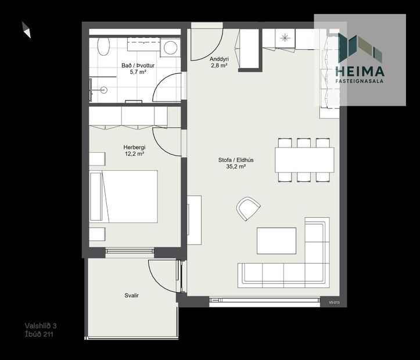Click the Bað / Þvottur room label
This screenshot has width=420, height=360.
coord(134,66)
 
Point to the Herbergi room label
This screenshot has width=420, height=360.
coord(134,147)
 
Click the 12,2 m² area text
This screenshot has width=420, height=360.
coord(134,155)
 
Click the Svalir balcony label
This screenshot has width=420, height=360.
coord(131,296)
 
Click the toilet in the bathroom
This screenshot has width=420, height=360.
coord(103,46)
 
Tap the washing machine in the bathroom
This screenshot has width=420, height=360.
coord(171,46)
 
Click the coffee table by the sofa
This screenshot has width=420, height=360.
coord(277,240)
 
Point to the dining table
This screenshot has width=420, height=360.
coord(304,160)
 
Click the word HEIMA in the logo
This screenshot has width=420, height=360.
coord(360,71)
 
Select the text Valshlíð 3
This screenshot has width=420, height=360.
coord(41,326)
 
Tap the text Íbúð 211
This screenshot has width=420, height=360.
coord(39,334)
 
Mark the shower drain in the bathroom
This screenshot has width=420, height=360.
coord(103,89)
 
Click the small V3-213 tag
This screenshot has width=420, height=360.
coord(333,302)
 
